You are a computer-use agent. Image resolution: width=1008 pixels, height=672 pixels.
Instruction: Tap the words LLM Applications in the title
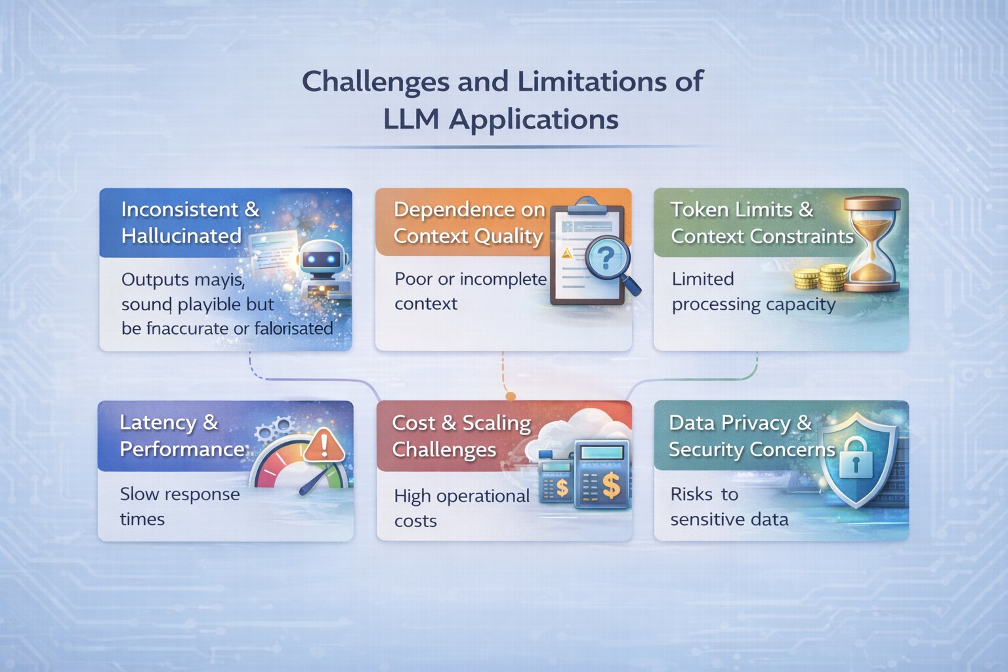click(501, 120)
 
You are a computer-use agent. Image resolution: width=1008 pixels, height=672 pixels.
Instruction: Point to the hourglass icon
click(872, 243)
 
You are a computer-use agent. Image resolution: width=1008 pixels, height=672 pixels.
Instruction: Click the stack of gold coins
click(821, 278)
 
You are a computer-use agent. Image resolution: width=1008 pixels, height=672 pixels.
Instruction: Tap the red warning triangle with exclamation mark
click(323, 445)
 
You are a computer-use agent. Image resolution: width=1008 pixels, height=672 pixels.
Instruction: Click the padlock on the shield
click(854, 460)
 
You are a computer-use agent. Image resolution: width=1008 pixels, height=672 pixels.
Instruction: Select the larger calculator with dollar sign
click(601, 474)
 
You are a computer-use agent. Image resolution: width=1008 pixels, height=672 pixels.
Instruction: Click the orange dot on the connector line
click(511, 396)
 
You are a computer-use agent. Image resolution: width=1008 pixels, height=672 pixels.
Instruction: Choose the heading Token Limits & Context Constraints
click(761, 223)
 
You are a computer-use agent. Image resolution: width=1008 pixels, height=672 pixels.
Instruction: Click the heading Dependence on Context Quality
click(469, 223)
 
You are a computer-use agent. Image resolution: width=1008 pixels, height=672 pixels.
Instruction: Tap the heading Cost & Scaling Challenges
click(461, 436)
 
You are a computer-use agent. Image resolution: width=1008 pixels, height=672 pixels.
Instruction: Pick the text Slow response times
click(179, 506)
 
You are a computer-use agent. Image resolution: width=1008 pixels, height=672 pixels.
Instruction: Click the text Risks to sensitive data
click(728, 507)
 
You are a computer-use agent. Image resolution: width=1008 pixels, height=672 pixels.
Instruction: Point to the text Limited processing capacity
click(753, 291)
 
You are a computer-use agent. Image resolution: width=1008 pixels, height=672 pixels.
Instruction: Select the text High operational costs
click(461, 508)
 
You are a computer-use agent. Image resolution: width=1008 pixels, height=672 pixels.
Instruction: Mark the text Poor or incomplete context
click(470, 291)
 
